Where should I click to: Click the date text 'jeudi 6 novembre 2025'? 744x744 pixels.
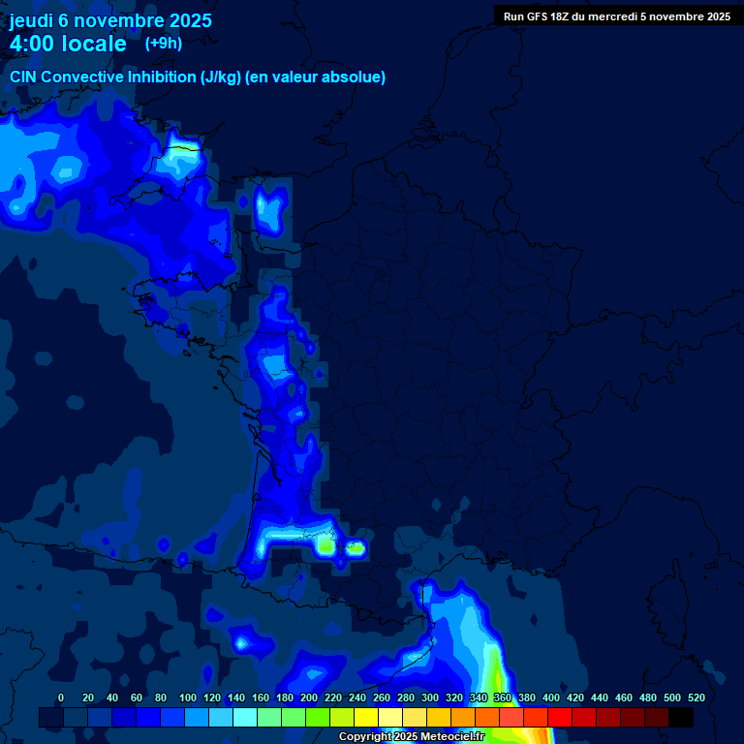coord(110,20)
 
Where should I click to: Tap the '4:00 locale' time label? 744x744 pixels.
coord(68,44)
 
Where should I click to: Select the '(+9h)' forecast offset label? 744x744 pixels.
coord(163,43)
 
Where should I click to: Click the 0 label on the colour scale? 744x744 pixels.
coord(61,697)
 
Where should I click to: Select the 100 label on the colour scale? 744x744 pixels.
coord(187,697)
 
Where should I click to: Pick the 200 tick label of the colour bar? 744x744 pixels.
coord(308,697)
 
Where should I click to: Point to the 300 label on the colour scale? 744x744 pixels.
coord(429,697)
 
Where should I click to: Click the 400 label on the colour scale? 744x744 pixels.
coord(550,697)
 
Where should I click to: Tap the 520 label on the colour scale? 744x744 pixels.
coord(696,697)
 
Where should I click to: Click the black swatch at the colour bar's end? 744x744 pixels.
coord(681,717)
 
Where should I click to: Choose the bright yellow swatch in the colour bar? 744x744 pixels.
coord(366,717)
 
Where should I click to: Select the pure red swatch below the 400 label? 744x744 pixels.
coord(560,717)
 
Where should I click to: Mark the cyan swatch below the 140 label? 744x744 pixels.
coord(245,717)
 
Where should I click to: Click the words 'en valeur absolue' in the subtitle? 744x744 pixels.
coord(321,77)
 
